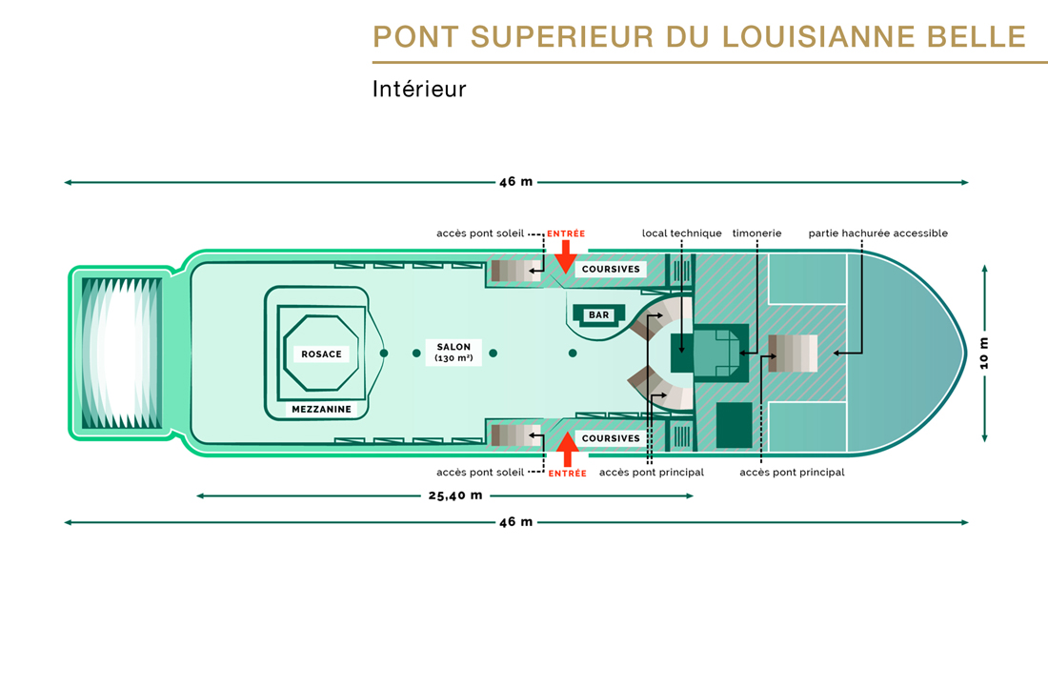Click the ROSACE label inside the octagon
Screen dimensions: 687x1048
[321, 354]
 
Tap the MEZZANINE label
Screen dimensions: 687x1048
[321, 410]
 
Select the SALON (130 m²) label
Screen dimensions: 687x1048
[453, 353]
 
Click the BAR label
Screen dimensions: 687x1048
[598, 315]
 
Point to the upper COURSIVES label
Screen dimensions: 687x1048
[611, 270]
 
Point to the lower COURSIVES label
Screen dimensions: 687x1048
[611, 438]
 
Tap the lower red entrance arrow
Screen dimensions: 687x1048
[567, 450]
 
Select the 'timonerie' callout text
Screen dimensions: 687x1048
[756, 233]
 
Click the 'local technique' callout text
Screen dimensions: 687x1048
[681, 233]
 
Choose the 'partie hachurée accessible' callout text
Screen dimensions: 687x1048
[877, 233]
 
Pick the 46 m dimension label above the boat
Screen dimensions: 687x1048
[515, 182]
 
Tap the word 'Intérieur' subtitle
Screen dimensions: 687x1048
[419, 90]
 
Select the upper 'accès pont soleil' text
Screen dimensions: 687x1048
[480, 233]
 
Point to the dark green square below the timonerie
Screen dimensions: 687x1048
[734, 425]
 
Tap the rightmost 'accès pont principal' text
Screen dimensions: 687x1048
[792, 473]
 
